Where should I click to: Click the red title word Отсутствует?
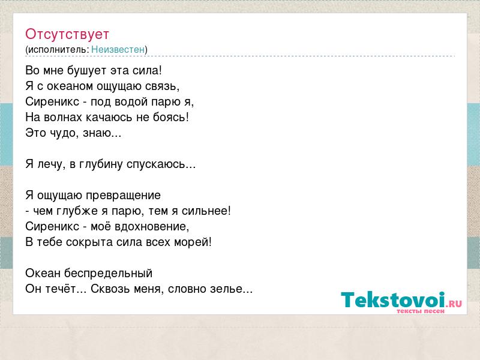[67, 34]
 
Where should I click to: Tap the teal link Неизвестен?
[118, 49]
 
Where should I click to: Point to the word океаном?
[70, 86]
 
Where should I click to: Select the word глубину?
[101, 164]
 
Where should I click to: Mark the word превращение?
[123, 196]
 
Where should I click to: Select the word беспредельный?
[108, 273]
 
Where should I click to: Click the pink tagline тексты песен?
[421, 311]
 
